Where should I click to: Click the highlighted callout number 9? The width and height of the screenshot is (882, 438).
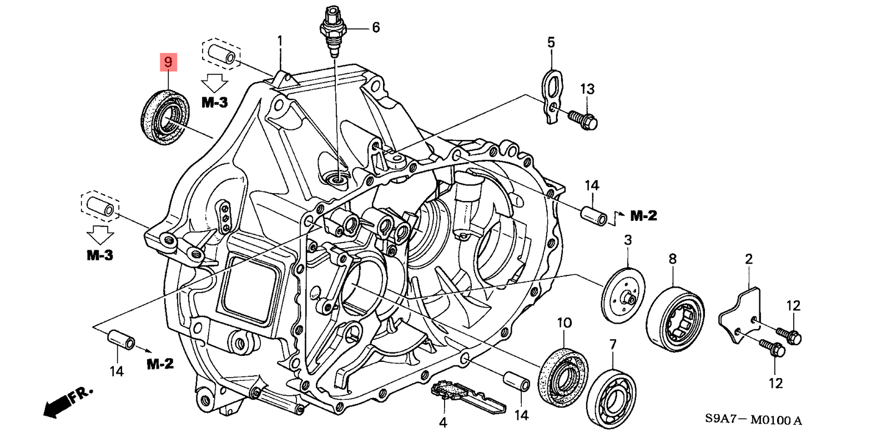click(168, 62)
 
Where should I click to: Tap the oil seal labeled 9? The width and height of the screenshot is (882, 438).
click(165, 118)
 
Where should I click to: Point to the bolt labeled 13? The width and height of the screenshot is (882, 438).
click(583, 120)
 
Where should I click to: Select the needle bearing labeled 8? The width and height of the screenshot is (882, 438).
click(676, 319)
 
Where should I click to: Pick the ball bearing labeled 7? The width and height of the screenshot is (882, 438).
click(611, 399)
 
